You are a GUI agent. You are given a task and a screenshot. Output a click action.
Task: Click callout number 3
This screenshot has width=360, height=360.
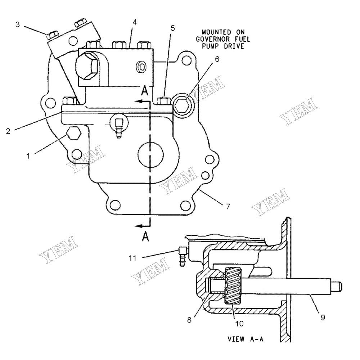(18, 24)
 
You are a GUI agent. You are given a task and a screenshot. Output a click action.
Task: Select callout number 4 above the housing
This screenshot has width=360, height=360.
(134, 22)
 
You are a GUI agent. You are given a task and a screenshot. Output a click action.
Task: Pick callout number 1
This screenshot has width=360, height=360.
(27, 156)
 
